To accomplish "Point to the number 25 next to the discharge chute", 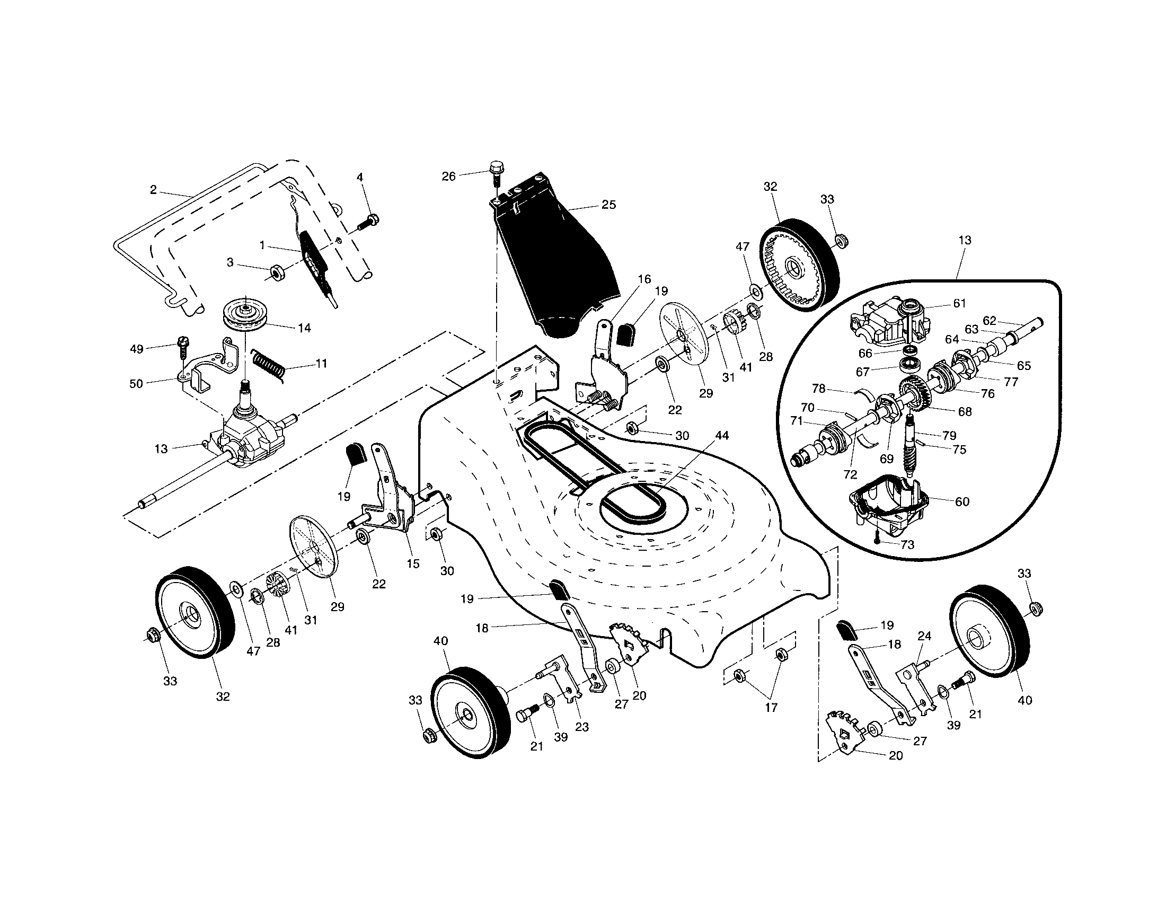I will (608, 205).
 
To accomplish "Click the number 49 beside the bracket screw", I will (137, 349).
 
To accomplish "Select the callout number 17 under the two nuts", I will (771, 708).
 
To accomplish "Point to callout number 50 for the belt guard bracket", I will (136, 383).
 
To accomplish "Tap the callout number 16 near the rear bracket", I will (644, 279).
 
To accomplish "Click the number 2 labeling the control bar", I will (153, 190).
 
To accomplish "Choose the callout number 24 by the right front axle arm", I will (924, 636).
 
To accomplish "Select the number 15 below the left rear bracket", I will (413, 564).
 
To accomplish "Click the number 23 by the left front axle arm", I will (581, 727).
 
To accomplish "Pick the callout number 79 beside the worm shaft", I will (949, 435).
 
